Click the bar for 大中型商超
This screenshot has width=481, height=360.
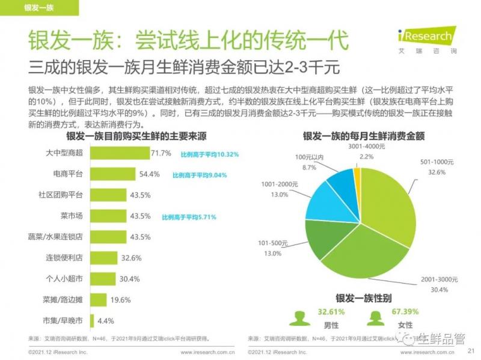click(120, 153)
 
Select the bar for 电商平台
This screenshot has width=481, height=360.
click(114, 174)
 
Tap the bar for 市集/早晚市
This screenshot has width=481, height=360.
click(92, 321)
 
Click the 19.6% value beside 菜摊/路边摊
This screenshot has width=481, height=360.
click(121, 300)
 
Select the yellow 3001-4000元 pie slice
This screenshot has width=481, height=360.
click(357, 175)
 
